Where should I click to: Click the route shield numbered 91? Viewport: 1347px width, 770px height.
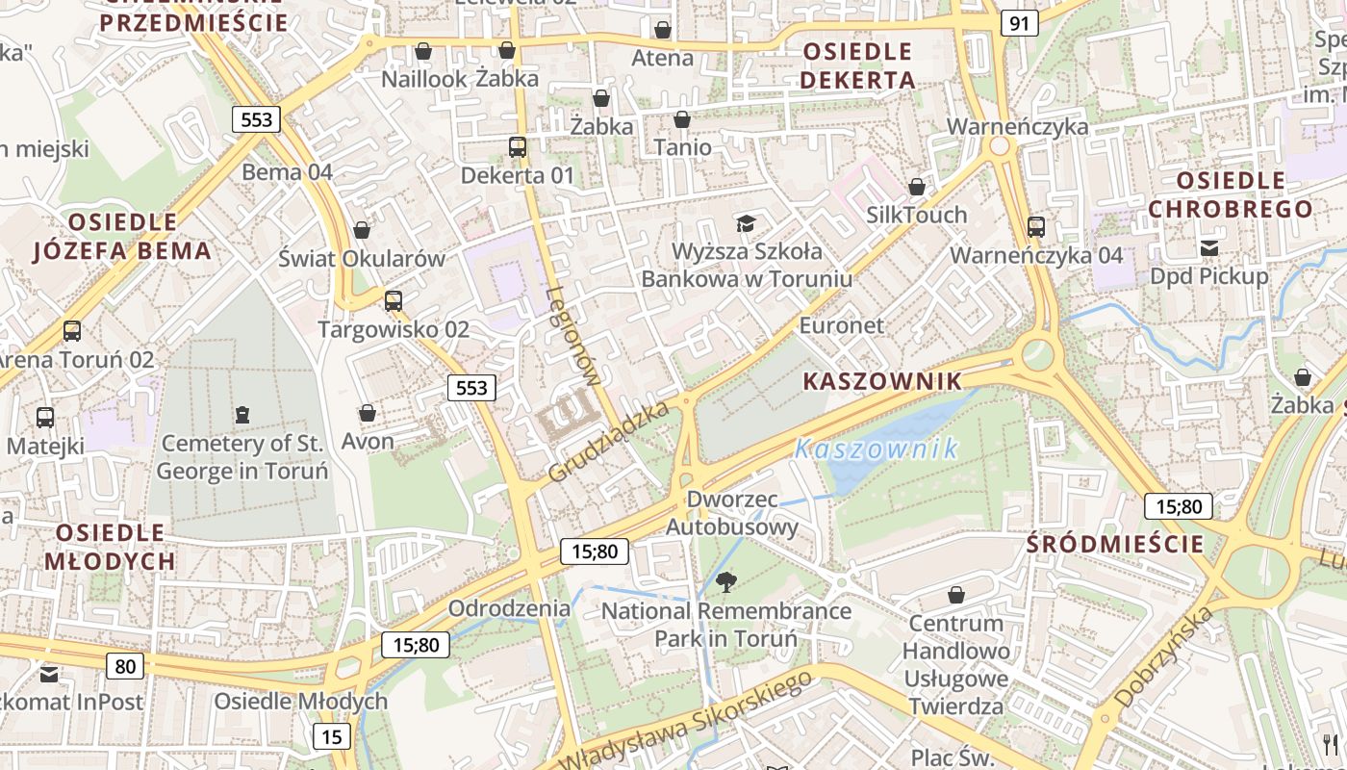(1019, 23)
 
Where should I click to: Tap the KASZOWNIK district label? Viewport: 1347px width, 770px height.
(882, 381)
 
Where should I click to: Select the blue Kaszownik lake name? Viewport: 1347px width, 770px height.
(876, 449)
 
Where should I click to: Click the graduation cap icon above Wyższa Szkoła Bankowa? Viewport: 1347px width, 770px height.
(746, 224)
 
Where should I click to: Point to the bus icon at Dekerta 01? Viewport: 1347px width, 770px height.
(518, 147)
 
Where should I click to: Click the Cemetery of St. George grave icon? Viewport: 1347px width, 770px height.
(241, 415)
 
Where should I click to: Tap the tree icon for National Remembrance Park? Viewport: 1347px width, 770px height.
(726, 581)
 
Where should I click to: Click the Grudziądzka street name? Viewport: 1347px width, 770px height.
(608, 443)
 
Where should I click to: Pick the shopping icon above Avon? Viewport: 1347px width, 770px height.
(367, 414)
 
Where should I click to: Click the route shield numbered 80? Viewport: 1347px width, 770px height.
(125, 666)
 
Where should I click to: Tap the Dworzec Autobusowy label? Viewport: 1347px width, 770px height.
(732, 513)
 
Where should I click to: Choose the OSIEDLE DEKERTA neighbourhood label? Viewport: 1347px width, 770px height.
(857, 65)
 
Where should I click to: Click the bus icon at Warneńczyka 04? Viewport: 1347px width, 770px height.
(1036, 227)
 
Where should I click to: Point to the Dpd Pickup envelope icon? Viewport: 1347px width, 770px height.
(1209, 248)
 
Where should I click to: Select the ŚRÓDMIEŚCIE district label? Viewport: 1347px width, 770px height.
(1115, 544)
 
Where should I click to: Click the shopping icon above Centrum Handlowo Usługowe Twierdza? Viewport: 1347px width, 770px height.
(956, 595)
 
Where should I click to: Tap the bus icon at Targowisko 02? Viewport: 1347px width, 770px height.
(394, 301)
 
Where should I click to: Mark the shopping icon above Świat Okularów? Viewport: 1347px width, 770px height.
(362, 230)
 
